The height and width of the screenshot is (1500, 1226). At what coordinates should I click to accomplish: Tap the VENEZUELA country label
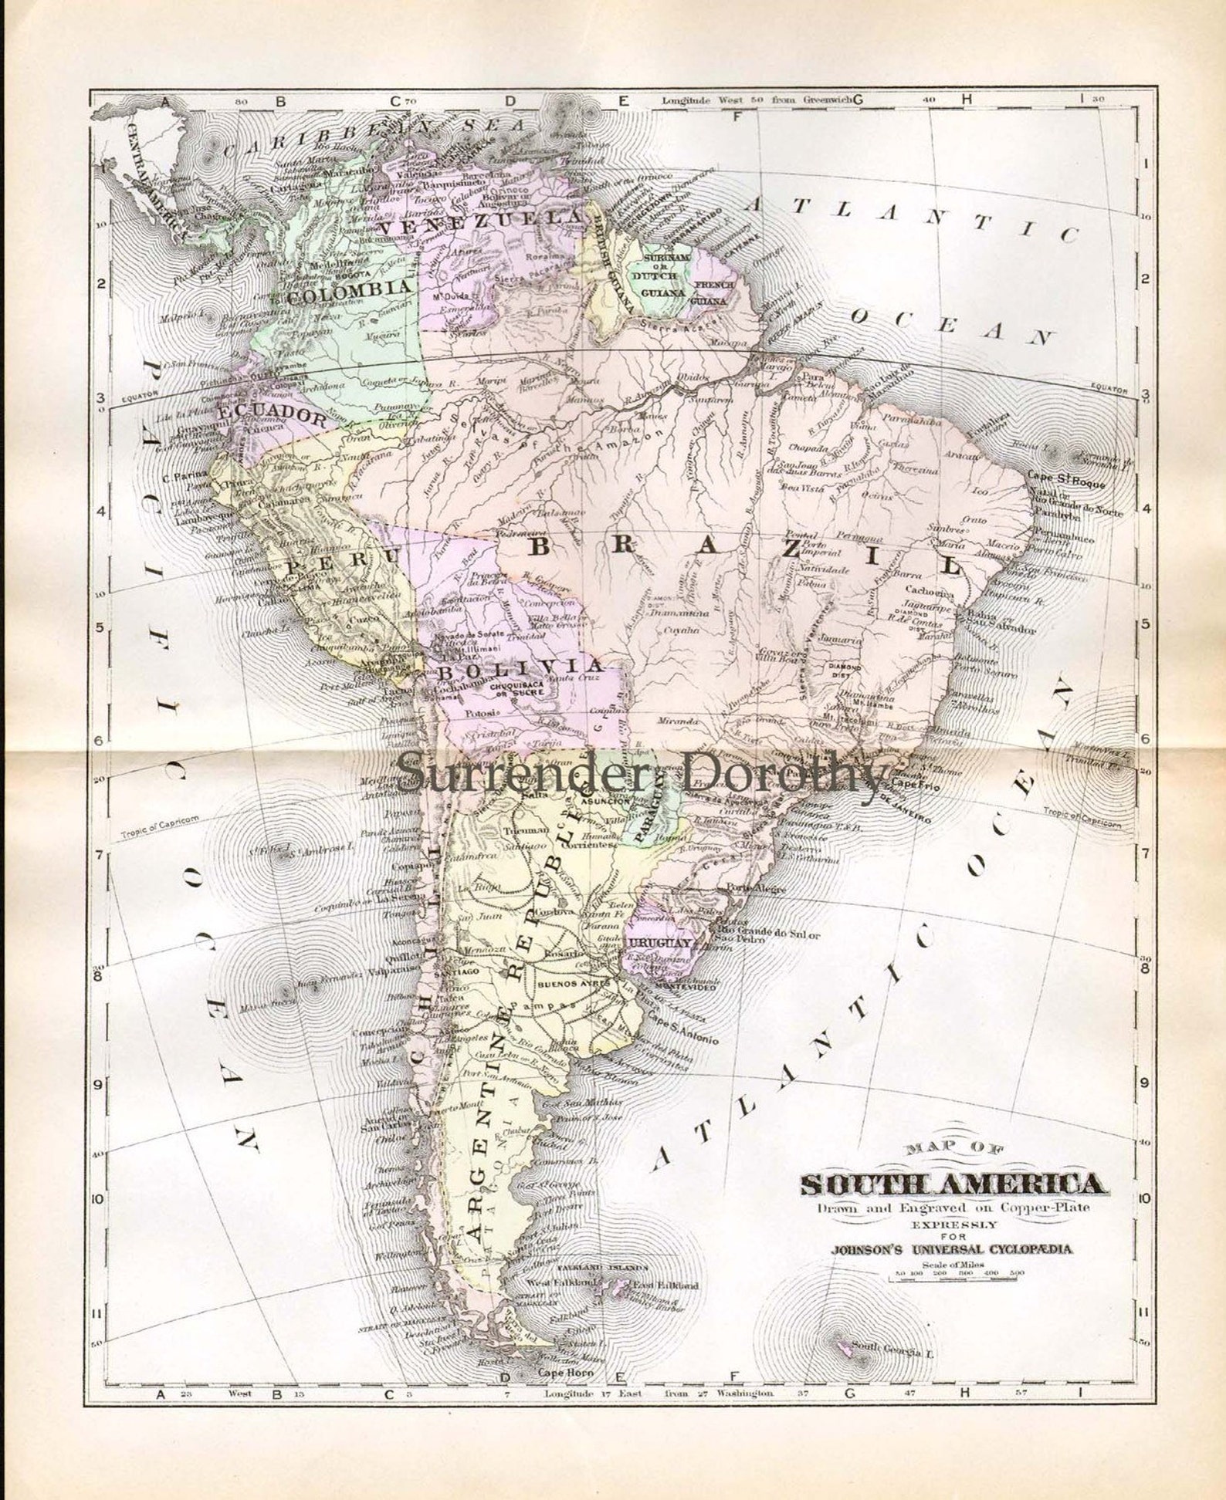point(479,223)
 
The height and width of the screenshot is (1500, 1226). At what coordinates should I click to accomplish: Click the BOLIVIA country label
point(518,668)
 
